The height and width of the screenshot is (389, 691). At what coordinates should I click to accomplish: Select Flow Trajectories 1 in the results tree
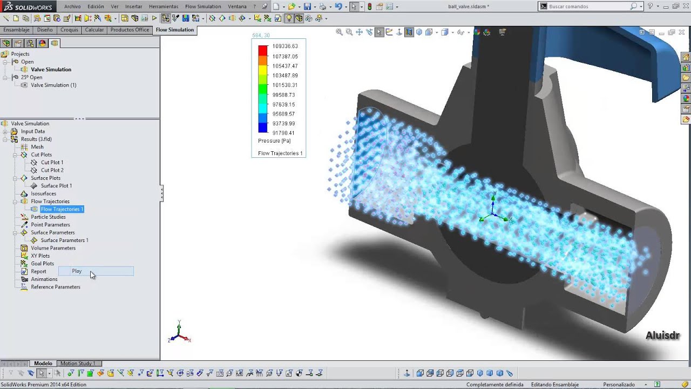click(62, 209)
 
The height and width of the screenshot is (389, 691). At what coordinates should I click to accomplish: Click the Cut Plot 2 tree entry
click(52, 170)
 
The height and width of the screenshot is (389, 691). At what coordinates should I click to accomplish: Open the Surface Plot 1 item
click(56, 185)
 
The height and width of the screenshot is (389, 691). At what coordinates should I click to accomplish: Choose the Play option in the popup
click(77, 271)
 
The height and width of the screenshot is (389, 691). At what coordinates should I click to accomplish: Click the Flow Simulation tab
click(174, 30)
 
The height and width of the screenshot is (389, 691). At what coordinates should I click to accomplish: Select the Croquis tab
click(69, 30)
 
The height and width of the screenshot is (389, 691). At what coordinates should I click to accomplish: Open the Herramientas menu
click(163, 6)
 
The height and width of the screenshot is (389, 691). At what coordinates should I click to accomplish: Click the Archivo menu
click(72, 6)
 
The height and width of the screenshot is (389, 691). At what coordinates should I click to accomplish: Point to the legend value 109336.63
click(285, 46)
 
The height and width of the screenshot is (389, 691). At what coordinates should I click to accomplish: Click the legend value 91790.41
click(283, 133)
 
